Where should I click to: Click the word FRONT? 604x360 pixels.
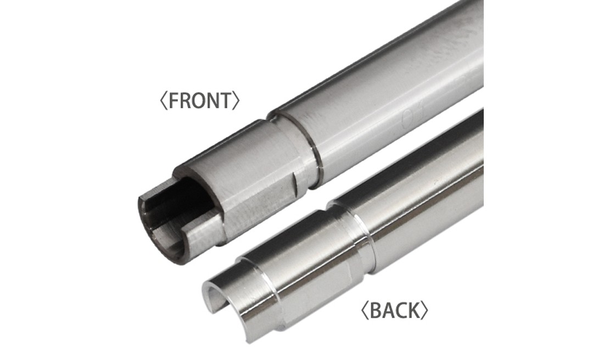(x=199, y=100)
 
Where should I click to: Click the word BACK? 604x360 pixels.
(x=394, y=310)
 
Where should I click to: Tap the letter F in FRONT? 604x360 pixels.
(x=173, y=100)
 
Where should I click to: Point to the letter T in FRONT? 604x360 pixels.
(x=226, y=100)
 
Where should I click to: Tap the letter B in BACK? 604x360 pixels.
(x=375, y=310)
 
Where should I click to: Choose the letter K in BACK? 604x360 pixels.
(x=413, y=310)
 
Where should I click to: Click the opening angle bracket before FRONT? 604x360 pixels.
(x=164, y=100)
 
